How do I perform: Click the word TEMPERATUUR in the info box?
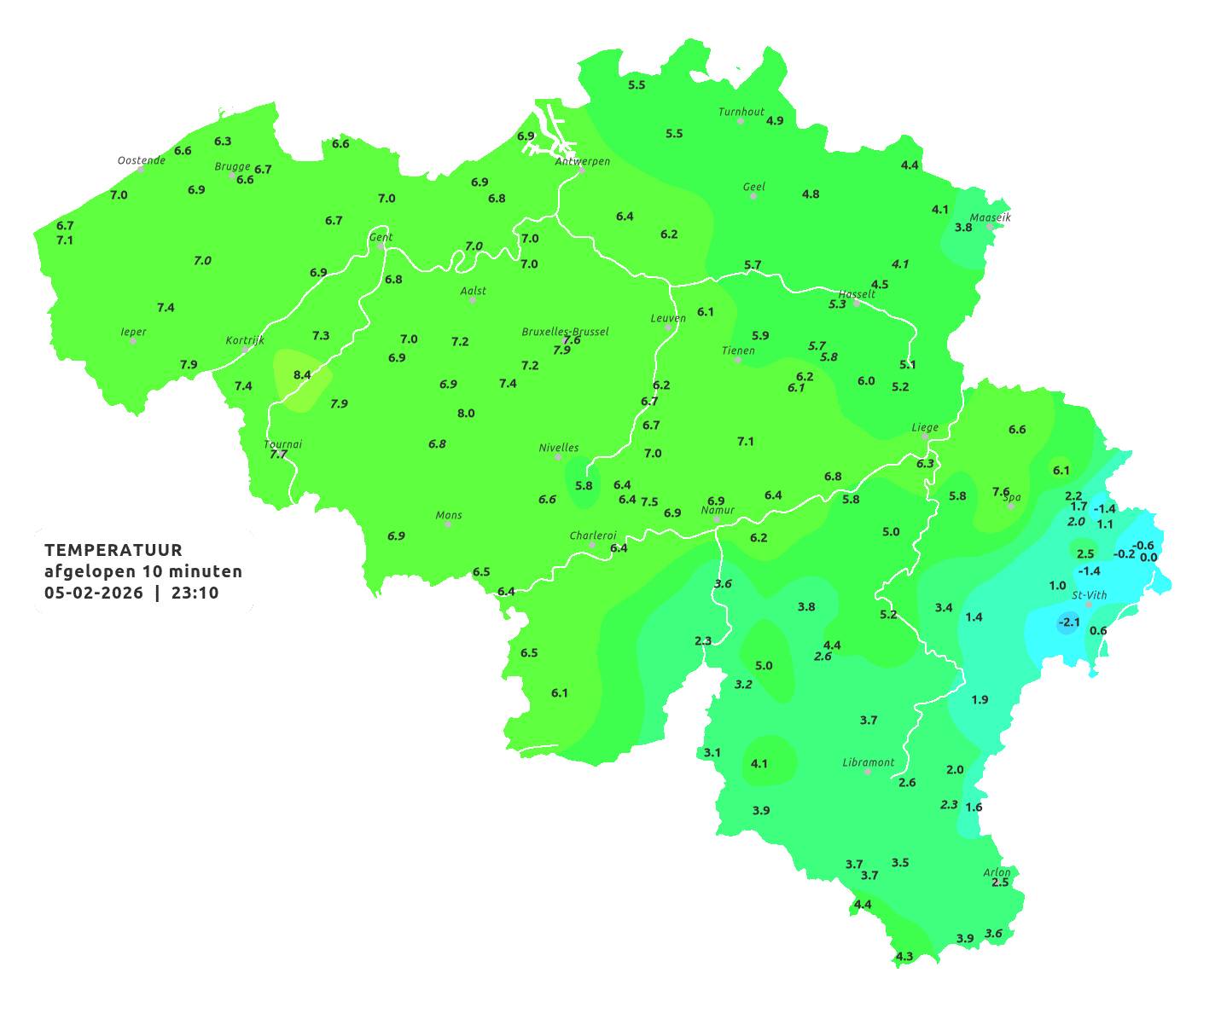(113, 550)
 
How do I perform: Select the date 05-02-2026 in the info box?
(94, 593)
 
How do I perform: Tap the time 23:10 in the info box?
(195, 593)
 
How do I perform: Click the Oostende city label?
(141, 160)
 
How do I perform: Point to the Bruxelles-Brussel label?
(565, 331)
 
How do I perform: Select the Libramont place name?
(868, 762)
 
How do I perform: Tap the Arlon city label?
(996, 871)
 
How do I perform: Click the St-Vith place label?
(1089, 595)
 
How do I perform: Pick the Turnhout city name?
(741, 112)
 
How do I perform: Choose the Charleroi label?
(592, 535)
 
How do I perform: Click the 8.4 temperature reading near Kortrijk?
(302, 374)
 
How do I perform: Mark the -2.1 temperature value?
(1068, 622)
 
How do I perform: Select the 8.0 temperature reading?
(466, 414)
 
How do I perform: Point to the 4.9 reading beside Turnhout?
(775, 121)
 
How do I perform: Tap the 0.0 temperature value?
(1148, 558)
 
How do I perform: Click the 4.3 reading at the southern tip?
(904, 956)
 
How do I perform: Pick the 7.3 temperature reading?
(321, 336)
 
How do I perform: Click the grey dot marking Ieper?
(133, 340)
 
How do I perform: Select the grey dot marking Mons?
(448, 524)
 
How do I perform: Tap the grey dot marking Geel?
(753, 196)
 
